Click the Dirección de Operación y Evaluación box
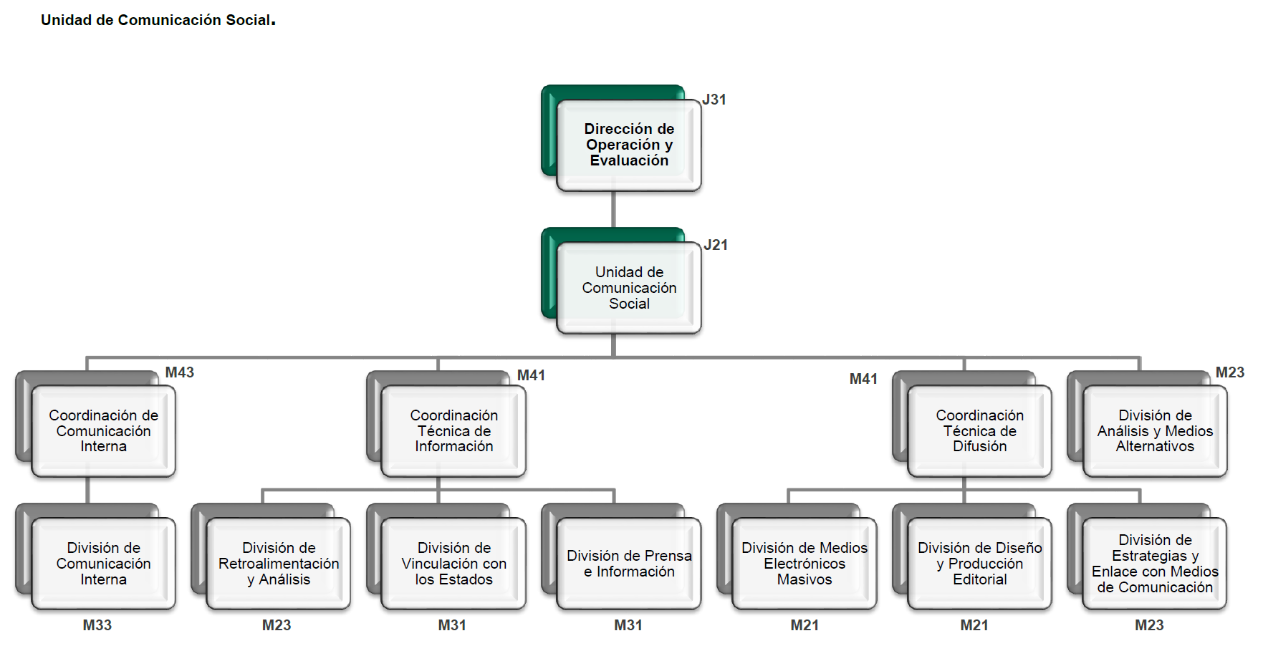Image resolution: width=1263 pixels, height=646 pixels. [628, 145]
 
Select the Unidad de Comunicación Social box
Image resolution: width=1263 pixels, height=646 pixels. [628, 287]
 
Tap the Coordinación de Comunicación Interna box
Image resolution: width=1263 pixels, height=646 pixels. [103, 430]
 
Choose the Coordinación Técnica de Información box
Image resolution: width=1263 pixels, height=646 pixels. [453, 430]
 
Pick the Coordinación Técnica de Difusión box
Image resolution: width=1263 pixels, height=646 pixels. [979, 430]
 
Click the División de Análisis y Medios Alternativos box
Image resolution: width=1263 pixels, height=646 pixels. [1155, 430]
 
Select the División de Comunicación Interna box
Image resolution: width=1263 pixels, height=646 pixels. [103, 563]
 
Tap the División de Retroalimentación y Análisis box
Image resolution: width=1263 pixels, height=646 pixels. [279, 563]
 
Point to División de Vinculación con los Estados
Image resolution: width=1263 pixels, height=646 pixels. [453, 563]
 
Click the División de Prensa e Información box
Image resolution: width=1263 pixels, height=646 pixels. [628, 563]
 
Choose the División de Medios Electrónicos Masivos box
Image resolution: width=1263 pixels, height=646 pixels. [804, 563]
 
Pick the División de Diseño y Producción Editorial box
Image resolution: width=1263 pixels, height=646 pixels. [979, 563]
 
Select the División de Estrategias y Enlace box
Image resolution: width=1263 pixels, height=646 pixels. [1155, 563]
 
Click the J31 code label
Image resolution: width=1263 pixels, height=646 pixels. [714, 100]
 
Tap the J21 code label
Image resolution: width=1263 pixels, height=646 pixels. [716, 245]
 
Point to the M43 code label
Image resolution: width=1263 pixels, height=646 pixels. [179, 372]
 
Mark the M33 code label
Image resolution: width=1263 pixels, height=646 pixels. [97, 625]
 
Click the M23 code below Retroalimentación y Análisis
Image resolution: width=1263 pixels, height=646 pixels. [277, 625]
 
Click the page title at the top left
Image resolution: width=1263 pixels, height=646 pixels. [158, 20]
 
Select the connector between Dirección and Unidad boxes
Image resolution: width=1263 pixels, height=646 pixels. [613, 209]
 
